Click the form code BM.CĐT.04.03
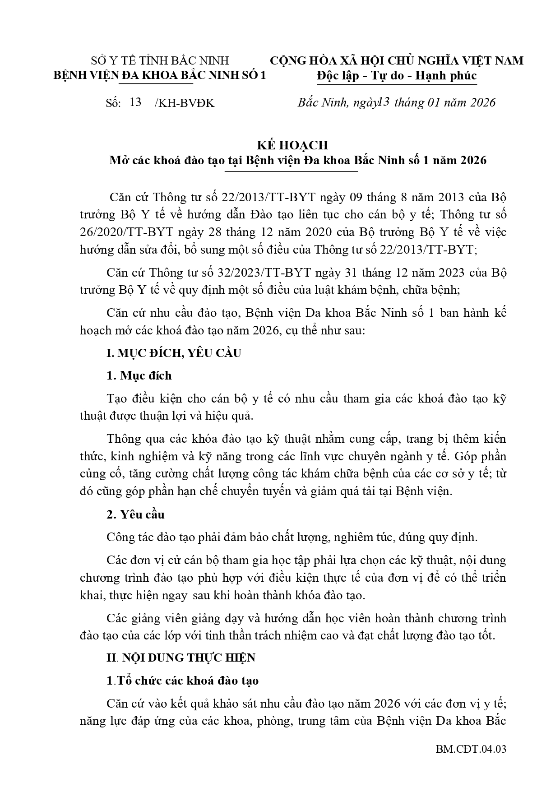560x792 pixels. point(471,750)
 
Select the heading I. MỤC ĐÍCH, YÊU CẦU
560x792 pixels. point(174,353)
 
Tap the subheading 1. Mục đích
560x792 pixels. point(139,375)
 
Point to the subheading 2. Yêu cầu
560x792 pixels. point(136,514)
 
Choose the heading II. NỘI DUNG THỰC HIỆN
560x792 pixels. point(180,658)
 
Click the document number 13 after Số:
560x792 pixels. point(135,102)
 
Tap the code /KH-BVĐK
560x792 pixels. point(185,103)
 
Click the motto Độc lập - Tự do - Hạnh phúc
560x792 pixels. point(397,75)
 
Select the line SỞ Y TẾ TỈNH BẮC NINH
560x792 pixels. point(160,60)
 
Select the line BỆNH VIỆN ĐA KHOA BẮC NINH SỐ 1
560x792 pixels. point(160,75)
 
